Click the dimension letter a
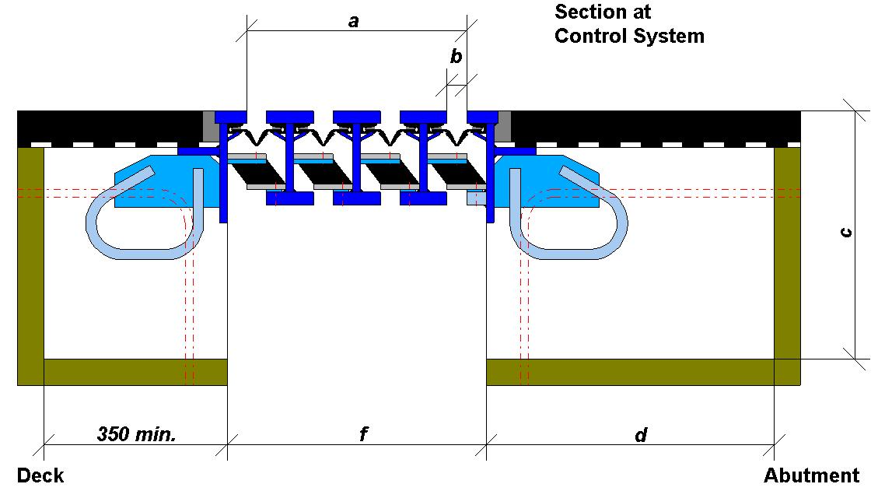353,22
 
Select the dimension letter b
456,57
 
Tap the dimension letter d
640,435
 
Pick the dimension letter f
362,435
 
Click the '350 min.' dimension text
137,434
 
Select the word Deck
40,475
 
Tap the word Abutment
811,475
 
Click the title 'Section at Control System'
628,24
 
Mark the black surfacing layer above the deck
109,125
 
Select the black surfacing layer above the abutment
653,125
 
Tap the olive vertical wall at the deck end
30,265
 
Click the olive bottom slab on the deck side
135,372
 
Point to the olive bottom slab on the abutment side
630,372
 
